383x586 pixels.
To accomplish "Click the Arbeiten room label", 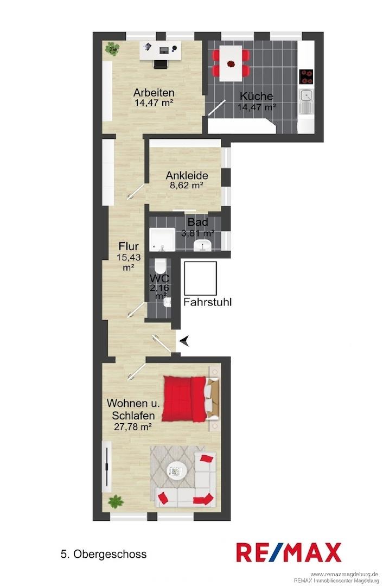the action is [x=154, y=92].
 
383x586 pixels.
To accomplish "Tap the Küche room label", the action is [x=257, y=96].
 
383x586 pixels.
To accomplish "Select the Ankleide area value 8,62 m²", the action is [x=187, y=185].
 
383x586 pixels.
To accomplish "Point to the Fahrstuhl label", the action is [x=207, y=302].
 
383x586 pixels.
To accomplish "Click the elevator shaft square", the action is [x=201, y=278].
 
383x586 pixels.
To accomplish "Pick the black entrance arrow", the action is [x=184, y=341].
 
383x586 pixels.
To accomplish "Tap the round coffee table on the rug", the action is [x=176, y=471].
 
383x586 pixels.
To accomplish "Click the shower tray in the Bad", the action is [x=162, y=239].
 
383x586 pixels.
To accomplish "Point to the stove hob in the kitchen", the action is [x=307, y=77].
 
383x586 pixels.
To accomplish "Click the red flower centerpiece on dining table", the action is [x=231, y=63].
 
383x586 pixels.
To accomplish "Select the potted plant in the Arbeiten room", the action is [x=112, y=49].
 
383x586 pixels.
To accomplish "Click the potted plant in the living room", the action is [x=116, y=501].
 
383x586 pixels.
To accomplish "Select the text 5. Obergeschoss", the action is [x=104, y=554].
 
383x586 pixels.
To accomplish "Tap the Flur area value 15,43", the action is [x=128, y=257].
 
